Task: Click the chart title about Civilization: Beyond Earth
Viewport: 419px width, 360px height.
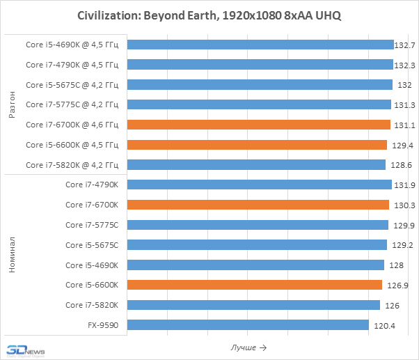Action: (209, 15)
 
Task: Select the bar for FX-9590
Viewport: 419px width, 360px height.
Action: (248, 325)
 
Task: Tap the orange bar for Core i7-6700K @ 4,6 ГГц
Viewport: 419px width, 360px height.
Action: (259, 125)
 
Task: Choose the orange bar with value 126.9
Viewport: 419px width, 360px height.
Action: (255, 285)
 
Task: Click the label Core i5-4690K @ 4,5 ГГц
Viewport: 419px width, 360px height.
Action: (72, 45)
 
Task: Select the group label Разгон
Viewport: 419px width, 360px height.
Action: (13, 104)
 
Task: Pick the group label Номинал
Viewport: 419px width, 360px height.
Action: (13, 255)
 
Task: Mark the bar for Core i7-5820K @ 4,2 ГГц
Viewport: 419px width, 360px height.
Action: (256, 165)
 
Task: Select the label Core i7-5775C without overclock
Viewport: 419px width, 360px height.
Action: (92, 225)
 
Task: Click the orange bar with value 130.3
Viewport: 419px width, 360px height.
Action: (258, 205)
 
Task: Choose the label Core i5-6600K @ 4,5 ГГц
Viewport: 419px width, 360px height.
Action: (72, 145)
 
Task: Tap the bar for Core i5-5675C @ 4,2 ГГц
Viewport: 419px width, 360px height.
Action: (260, 85)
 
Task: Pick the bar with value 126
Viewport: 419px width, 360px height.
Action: (253, 305)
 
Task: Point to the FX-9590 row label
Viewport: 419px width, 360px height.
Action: (103, 325)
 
